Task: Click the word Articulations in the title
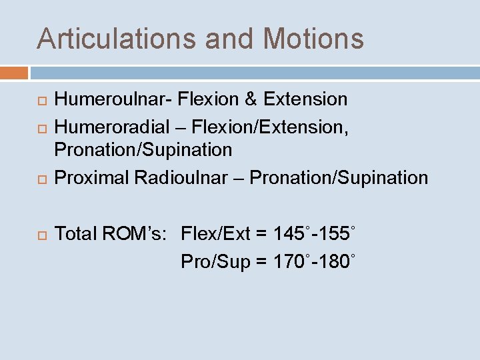(117, 39)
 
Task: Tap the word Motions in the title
(314, 39)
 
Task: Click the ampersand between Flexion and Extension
(251, 100)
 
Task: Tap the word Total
(75, 234)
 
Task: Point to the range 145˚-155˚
(314, 234)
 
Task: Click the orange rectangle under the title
(14, 72)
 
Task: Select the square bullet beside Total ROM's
(41, 235)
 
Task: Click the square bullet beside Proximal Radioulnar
(41, 179)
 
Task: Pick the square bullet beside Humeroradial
(41, 125)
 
